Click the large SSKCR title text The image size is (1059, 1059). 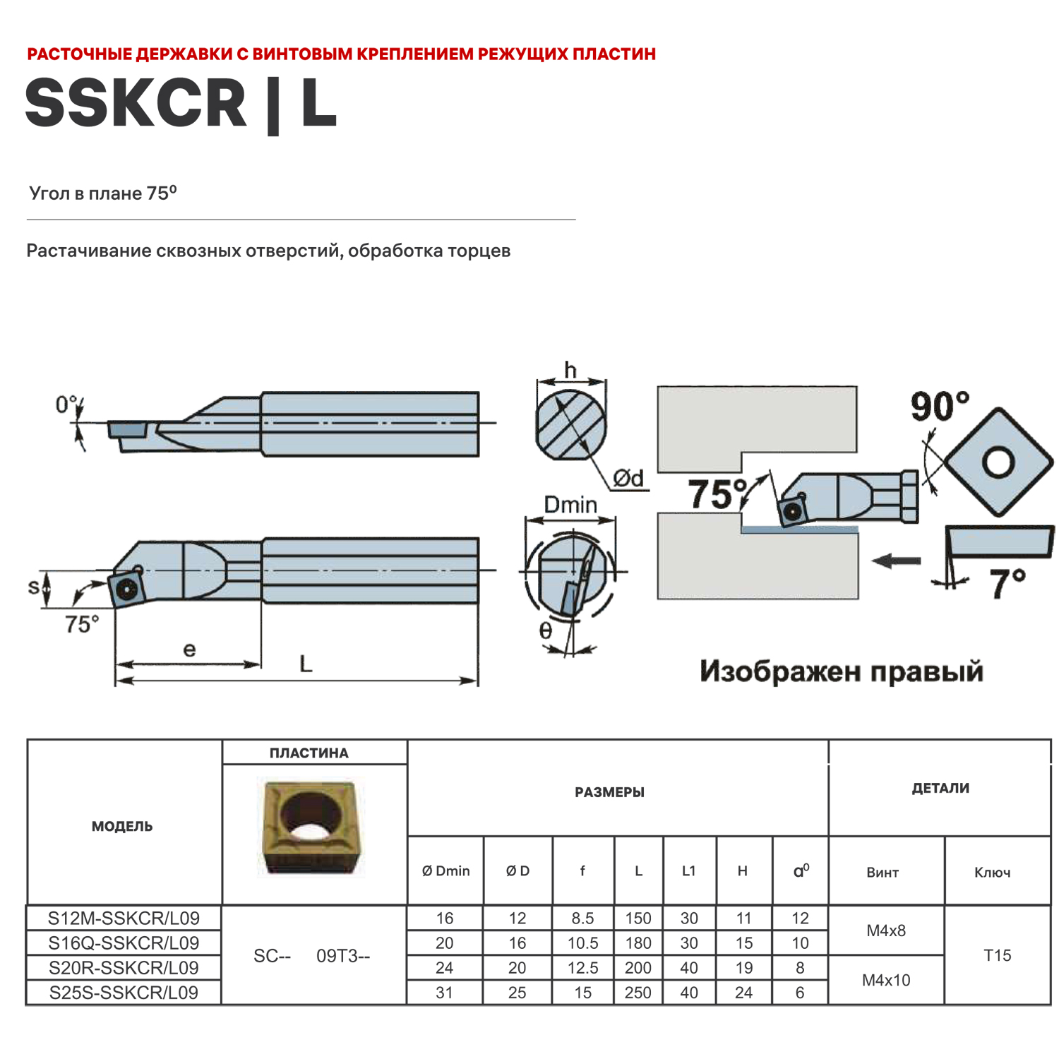(x=136, y=104)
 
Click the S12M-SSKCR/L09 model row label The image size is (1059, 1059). (x=124, y=918)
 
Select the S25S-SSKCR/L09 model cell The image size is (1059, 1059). (x=124, y=992)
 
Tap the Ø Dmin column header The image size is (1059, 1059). (x=445, y=870)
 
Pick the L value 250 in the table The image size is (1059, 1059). (x=638, y=992)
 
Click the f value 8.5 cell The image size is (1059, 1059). (x=582, y=918)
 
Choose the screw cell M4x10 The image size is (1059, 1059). (x=885, y=980)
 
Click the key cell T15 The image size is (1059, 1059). (x=997, y=955)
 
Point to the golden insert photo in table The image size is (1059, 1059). (x=309, y=826)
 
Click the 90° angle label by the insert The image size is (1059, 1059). (x=939, y=407)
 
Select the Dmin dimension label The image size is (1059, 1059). (x=570, y=505)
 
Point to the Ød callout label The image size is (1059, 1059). (x=628, y=479)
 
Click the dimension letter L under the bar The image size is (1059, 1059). (x=305, y=664)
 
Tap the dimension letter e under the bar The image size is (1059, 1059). (x=189, y=650)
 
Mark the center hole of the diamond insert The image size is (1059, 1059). (x=998, y=462)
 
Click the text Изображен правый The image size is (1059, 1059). (x=841, y=671)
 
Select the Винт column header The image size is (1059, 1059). (x=882, y=873)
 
